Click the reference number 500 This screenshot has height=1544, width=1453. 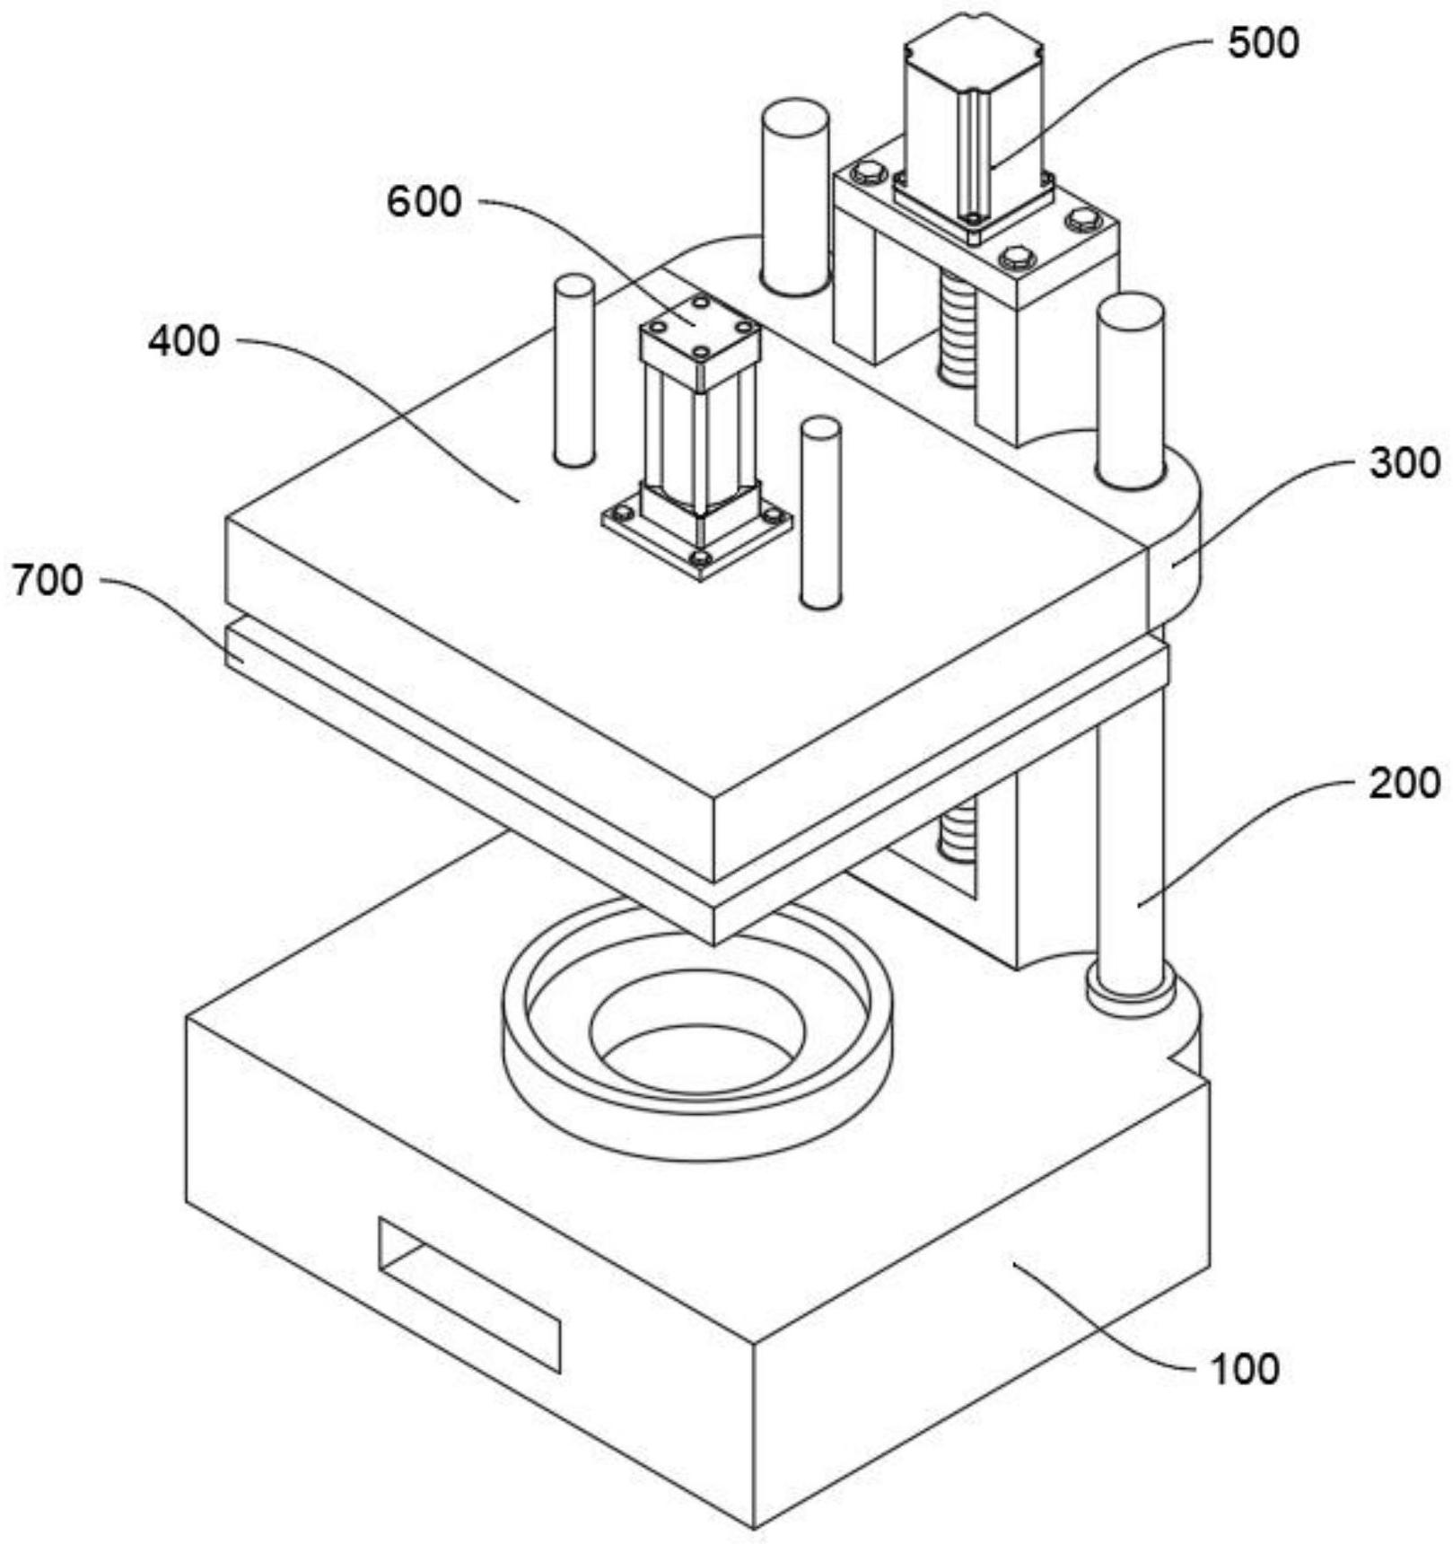click(x=1263, y=43)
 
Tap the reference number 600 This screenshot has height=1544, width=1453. click(x=425, y=202)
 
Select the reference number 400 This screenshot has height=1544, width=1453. click(x=184, y=342)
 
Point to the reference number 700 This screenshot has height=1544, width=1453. click(x=47, y=581)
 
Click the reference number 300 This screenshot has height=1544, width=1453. click(x=1405, y=464)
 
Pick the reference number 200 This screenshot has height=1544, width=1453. click(x=1405, y=784)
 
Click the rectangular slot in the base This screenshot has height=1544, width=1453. click(x=469, y=1295)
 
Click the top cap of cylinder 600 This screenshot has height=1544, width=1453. click(x=700, y=324)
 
